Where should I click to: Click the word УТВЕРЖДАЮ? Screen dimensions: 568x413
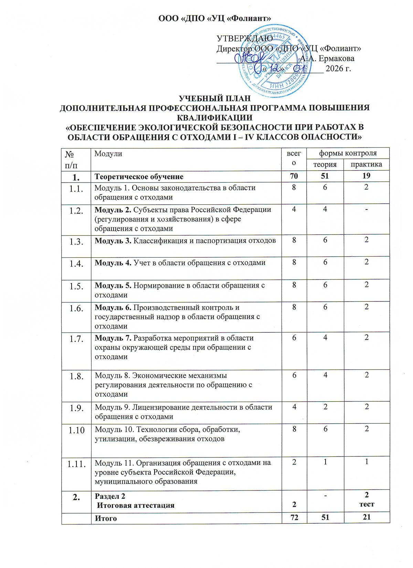tap(245, 39)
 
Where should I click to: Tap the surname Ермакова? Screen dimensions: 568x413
tap(336, 59)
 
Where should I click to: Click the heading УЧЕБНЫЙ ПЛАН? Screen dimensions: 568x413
tap(214, 99)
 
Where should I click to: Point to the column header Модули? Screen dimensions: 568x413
tap(108, 154)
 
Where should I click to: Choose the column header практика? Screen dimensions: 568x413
tap(366, 164)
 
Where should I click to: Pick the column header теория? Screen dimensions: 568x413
tap(325, 164)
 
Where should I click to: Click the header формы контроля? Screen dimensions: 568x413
tap(348, 153)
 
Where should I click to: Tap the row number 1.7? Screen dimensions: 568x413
tap(76, 339)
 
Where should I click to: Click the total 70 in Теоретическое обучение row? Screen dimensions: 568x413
tap(294, 176)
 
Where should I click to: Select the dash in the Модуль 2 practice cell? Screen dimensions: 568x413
tap(367, 210)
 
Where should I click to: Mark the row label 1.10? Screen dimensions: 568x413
tap(76, 430)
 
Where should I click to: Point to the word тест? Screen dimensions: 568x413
tap(367, 504)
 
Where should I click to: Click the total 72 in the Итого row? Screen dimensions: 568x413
tap(294, 518)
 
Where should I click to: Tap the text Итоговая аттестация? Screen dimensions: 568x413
tap(136, 505)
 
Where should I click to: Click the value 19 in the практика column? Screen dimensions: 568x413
tap(367, 176)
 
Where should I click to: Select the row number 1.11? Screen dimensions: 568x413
tap(76, 464)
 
